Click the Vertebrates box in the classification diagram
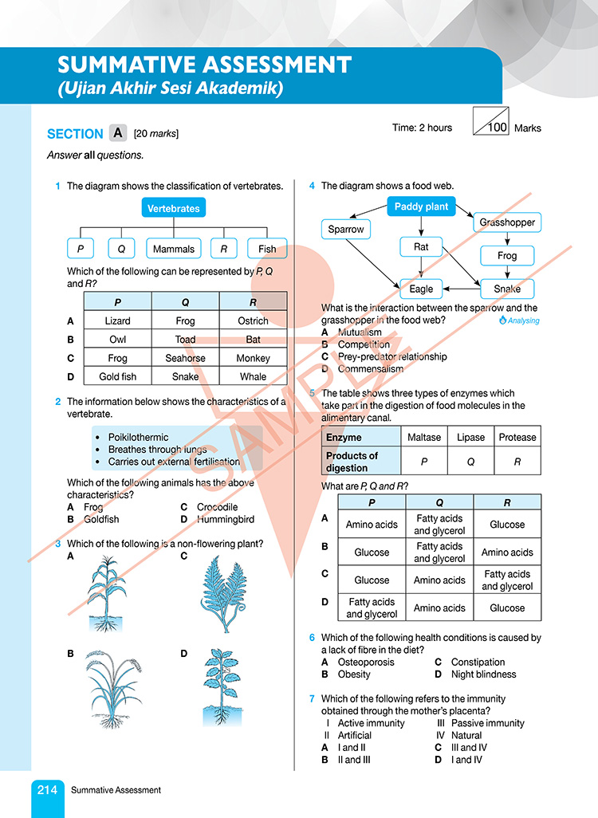[174, 209]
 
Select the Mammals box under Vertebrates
[174, 249]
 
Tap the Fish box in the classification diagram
[267, 249]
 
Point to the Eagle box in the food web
[421, 289]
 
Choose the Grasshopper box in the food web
[507, 222]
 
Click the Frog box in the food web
[507, 256]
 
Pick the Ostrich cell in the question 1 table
[253, 321]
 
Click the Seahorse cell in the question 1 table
[185, 358]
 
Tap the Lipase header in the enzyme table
[471, 437]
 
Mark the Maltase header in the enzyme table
[424, 437]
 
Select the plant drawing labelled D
[218, 686]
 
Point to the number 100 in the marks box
[498, 127]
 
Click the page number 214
[47, 790]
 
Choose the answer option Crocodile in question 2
[217, 507]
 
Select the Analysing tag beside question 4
[519, 321]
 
